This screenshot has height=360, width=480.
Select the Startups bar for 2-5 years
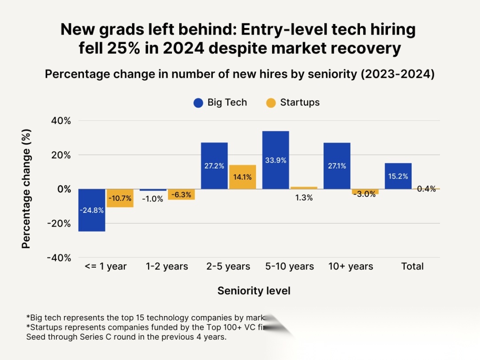(243, 177)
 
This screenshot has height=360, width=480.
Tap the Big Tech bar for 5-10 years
(276, 160)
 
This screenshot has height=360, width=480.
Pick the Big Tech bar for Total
(398, 176)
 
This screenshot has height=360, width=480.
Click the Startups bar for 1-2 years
(181, 194)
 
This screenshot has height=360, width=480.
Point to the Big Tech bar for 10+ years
(337, 166)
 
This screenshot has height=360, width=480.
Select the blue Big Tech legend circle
(198, 103)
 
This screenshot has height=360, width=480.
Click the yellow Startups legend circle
(271, 103)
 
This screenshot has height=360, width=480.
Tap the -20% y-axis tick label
(60, 224)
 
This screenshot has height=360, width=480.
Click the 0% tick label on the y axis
(64, 189)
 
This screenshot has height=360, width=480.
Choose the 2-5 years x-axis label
(228, 267)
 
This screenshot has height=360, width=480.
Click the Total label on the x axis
(412, 267)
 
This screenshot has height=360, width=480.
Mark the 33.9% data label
(276, 160)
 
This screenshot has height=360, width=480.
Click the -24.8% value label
(92, 210)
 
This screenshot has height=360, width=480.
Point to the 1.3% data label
(304, 198)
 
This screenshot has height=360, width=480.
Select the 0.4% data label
(426, 189)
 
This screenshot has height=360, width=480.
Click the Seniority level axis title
(254, 291)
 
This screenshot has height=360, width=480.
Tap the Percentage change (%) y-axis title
(27, 189)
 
